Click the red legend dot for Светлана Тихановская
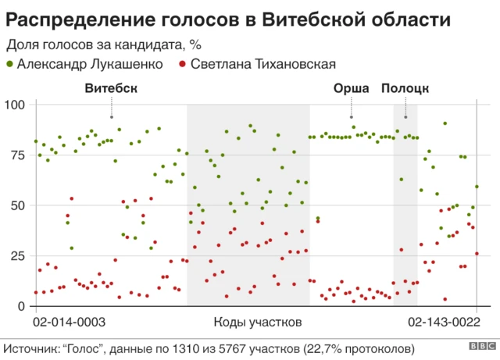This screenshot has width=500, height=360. [182, 64]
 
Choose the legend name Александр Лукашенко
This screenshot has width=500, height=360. [90, 64]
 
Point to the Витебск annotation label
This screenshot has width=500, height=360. [111, 88]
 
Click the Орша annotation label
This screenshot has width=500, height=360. [351, 88]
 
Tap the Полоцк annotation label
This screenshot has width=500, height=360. [405, 88]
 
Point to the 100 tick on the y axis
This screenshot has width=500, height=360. [16, 105]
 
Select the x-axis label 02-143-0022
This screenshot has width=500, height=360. [444, 321]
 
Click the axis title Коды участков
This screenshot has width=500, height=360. [257, 321]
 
